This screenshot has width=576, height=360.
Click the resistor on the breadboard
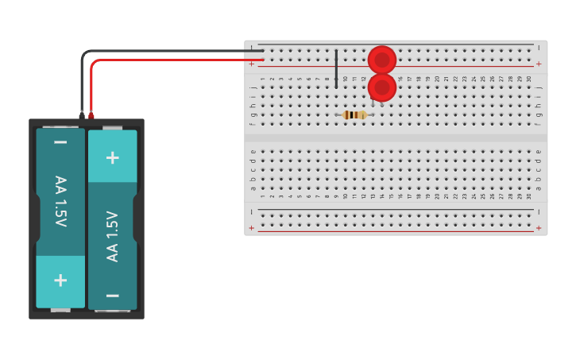(x=354, y=115)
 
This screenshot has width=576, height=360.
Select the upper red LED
(x=382, y=60)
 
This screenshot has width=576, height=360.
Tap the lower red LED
(x=382, y=87)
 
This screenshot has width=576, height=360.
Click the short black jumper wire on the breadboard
(x=336, y=68)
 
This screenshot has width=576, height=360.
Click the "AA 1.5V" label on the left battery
(x=60, y=201)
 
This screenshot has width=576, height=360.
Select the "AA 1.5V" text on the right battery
(x=113, y=236)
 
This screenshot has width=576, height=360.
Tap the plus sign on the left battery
(x=60, y=280)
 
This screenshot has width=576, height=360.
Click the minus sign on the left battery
(x=60, y=143)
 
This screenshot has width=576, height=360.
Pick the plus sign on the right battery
(x=113, y=157)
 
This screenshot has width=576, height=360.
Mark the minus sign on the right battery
(x=113, y=295)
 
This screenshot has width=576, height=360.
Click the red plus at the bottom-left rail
(x=252, y=228)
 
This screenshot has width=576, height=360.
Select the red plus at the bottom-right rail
(x=539, y=228)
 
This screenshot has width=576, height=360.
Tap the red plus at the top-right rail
(x=539, y=64)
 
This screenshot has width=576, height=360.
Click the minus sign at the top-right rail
(x=539, y=48)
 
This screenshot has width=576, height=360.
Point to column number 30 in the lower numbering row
(x=529, y=196)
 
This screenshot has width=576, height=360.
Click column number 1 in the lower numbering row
(x=263, y=196)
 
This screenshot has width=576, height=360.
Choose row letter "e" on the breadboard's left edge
(x=253, y=151)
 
